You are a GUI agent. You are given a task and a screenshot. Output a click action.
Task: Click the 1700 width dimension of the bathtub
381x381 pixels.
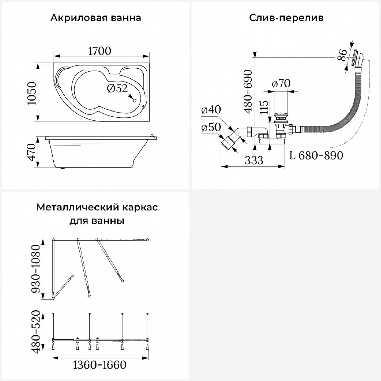[100, 51]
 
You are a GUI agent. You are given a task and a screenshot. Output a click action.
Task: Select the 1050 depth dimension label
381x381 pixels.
[32, 93]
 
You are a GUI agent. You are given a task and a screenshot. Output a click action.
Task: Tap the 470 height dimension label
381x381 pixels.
[32, 152]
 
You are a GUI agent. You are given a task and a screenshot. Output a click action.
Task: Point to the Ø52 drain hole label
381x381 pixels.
[117, 88]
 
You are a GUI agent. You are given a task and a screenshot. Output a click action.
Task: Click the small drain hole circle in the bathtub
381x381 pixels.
[135, 100]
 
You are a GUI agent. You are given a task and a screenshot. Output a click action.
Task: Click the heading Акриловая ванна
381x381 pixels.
[96, 18]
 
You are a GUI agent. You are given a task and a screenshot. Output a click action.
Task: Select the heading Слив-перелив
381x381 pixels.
[286, 18]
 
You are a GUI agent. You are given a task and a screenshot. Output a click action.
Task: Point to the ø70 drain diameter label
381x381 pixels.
[281, 83]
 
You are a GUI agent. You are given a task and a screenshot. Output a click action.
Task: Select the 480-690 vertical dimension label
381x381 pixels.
[248, 91]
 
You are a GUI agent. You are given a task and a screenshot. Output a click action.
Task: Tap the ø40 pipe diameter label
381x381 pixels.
[211, 109]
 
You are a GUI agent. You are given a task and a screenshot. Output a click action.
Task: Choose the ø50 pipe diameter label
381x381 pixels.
[211, 127]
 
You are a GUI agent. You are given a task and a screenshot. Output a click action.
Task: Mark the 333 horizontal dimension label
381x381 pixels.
[254, 160]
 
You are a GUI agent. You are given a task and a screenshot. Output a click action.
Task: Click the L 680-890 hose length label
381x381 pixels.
[316, 155]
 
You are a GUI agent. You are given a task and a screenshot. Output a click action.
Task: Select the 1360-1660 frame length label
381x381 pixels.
[100, 365]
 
